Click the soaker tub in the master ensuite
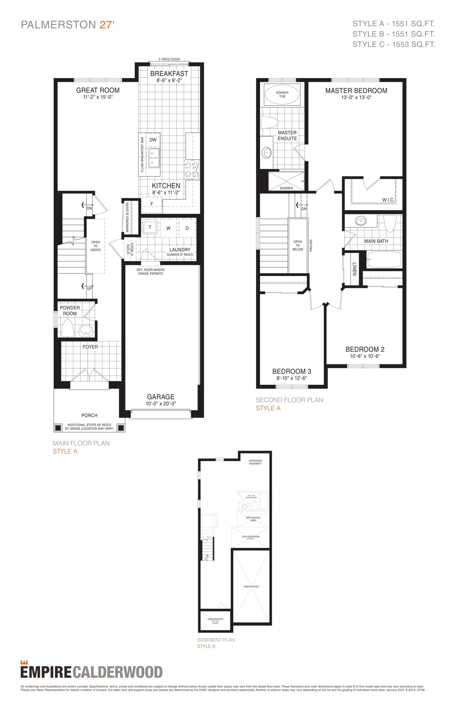pyautogui.click(x=282, y=95)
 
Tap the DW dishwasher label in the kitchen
pyautogui.click(x=153, y=140)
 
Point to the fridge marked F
pyautogui.click(x=152, y=204)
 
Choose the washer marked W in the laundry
pyautogui.click(x=168, y=228)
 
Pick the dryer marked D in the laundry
pyautogui.click(x=187, y=228)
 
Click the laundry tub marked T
pyautogui.click(x=150, y=228)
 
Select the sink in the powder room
pyautogui.click(x=86, y=330)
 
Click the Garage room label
pyautogui.click(x=161, y=397)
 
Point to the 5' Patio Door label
pyautogui.click(x=169, y=59)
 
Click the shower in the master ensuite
pyautogui.click(x=286, y=181)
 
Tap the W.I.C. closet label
pyautogui.click(x=388, y=200)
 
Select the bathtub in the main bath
pyautogui.click(x=384, y=259)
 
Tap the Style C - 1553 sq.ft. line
pyautogui.click(x=393, y=44)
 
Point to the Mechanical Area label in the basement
pyautogui.click(x=253, y=519)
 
